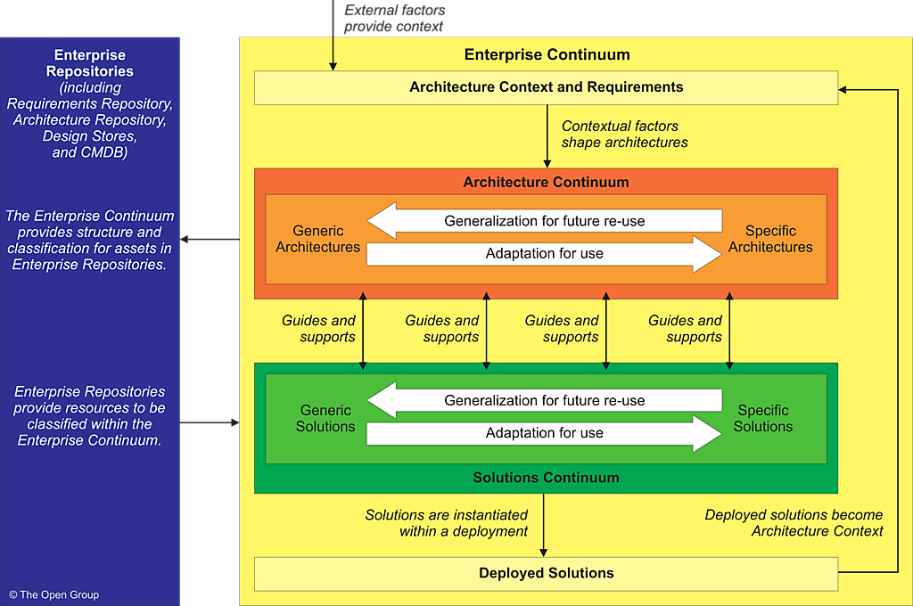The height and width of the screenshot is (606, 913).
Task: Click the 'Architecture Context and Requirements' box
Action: (546, 87)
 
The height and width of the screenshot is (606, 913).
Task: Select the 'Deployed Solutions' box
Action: (546, 573)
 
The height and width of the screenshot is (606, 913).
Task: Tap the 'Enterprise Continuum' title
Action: (547, 55)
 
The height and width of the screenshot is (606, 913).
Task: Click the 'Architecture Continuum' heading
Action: (546, 182)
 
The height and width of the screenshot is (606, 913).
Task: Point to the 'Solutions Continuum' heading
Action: (546, 478)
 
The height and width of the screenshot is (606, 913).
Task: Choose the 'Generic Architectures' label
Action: (317, 239)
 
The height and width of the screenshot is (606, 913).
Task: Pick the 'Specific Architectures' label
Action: (770, 239)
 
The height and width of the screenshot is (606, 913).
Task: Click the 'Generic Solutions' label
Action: (325, 419)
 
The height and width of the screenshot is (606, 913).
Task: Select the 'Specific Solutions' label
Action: (763, 419)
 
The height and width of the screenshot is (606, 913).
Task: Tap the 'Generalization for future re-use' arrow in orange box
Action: (544, 221)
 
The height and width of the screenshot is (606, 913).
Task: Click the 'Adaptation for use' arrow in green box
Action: (544, 433)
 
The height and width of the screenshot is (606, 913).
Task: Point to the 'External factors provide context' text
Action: (394, 18)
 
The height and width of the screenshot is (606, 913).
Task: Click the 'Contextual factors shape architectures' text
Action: (624, 135)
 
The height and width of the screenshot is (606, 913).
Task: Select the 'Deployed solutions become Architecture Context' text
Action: (794, 523)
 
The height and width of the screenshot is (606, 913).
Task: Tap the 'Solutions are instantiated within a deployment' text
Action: (446, 523)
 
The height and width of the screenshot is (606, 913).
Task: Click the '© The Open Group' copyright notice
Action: (54, 594)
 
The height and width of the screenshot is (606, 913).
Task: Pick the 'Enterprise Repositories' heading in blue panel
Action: (89, 63)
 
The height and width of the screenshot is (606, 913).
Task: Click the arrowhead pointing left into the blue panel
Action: (185, 239)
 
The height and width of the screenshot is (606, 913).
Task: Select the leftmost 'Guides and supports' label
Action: (318, 329)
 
